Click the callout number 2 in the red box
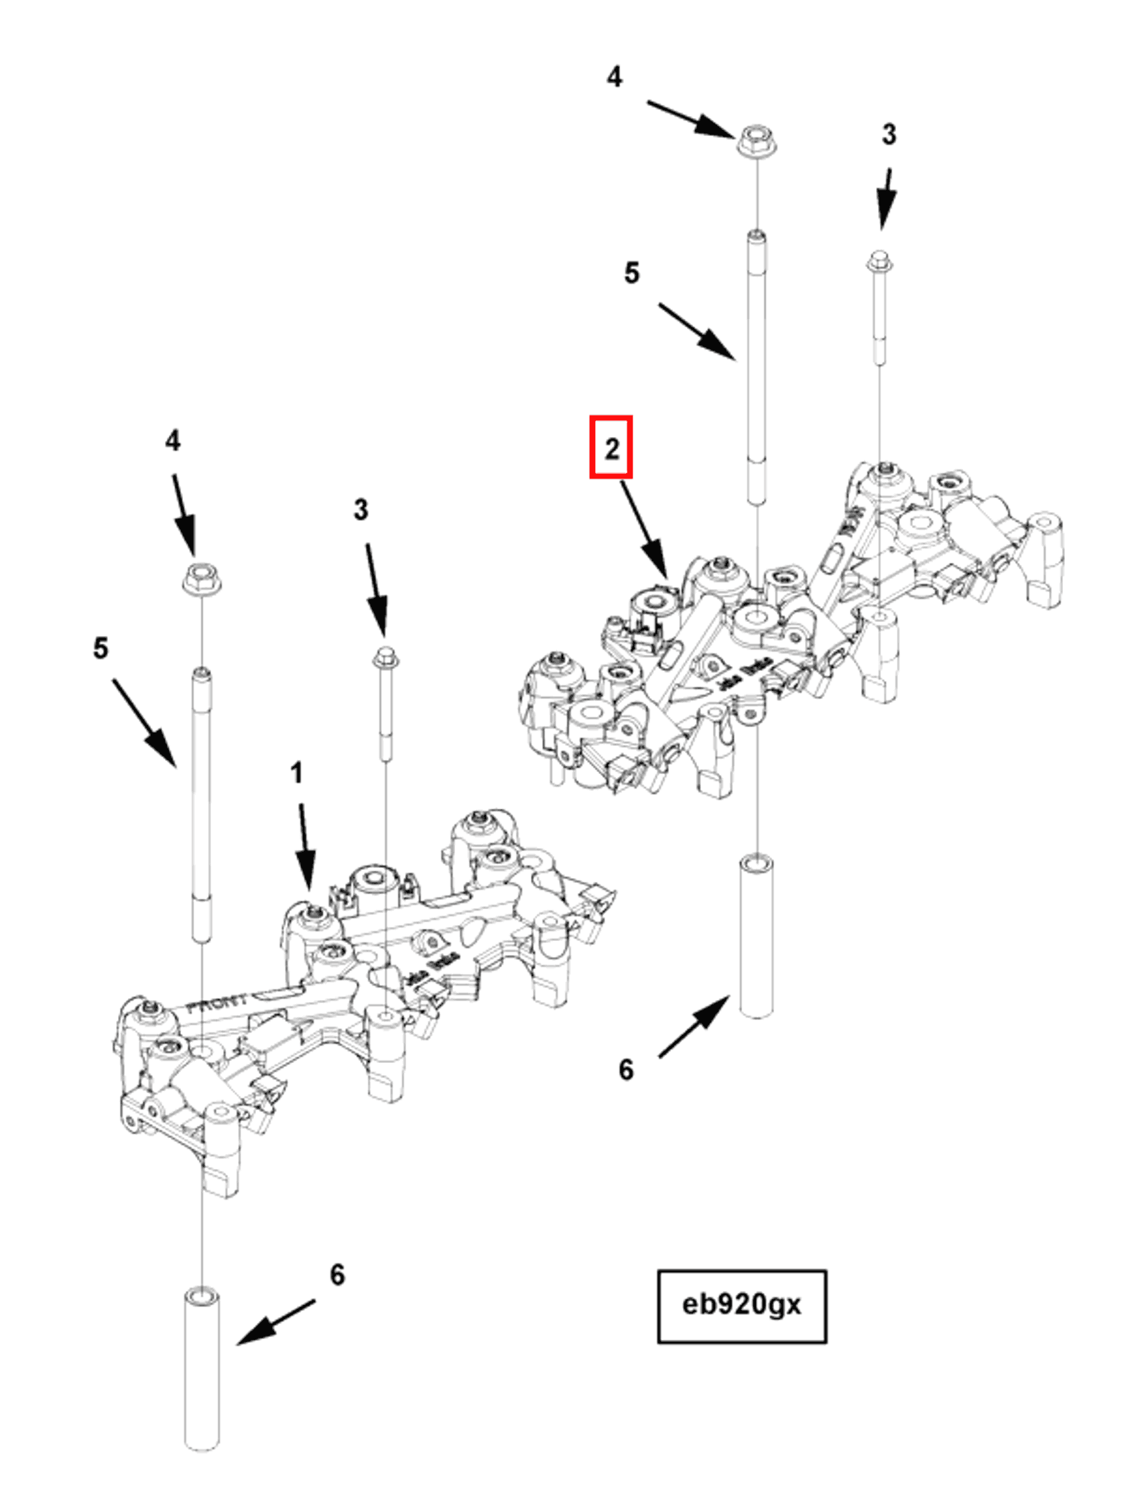point(610,448)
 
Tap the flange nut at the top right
point(756,141)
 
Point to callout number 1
point(296,773)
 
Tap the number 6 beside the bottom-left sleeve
point(336,1275)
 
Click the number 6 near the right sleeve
point(625,1069)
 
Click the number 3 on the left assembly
point(361,509)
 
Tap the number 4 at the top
point(613,76)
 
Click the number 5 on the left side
point(100,648)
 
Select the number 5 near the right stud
point(631,273)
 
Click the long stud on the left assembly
point(202,805)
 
